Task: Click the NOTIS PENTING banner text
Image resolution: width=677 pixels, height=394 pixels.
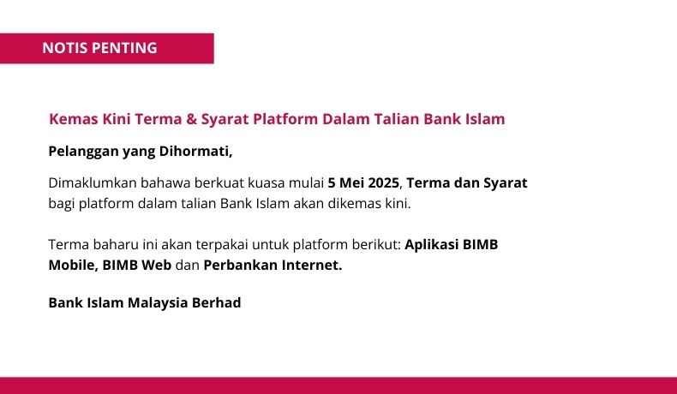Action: [99, 48]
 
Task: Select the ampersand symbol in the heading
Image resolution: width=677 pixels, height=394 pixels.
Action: [191, 119]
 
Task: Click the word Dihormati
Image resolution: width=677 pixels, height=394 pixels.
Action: [195, 152]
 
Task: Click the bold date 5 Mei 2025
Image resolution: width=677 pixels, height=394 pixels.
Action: [363, 183]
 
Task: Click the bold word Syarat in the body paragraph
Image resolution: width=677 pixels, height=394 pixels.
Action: [505, 183]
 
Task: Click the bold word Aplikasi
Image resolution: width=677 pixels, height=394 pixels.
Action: [432, 245]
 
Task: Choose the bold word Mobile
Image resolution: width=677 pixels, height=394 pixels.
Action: [73, 265]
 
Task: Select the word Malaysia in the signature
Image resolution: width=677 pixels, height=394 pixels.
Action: [158, 303]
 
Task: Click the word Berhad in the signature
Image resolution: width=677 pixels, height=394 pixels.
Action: [216, 302]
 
